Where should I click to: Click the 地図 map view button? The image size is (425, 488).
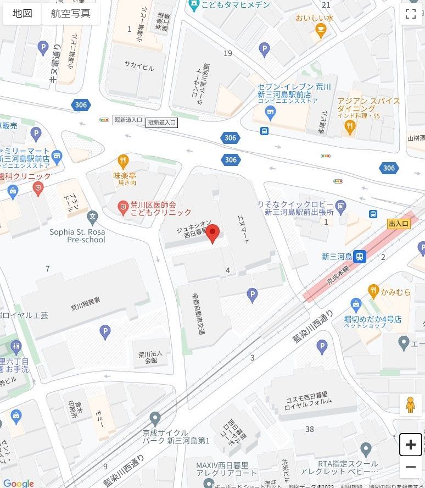[x=23, y=14]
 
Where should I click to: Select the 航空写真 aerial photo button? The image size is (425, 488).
[x=71, y=14]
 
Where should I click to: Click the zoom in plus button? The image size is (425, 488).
[x=410, y=445]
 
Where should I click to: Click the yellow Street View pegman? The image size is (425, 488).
[x=410, y=405]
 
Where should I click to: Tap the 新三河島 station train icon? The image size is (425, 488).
[x=360, y=256]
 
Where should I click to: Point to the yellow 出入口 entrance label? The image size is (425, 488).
[x=398, y=224]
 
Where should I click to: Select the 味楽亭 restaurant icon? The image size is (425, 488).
[x=124, y=162]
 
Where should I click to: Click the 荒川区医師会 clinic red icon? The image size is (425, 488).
[x=124, y=208]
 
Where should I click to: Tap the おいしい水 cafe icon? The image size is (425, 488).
[x=318, y=32]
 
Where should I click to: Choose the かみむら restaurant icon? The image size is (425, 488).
[x=374, y=292]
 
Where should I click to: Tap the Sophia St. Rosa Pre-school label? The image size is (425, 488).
[x=77, y=236]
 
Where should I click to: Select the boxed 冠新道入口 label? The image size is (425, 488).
[x=161, y=123]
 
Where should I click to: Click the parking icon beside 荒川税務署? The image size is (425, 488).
[x=105, y=331]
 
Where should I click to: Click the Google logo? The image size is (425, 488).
[x=18, y=483]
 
